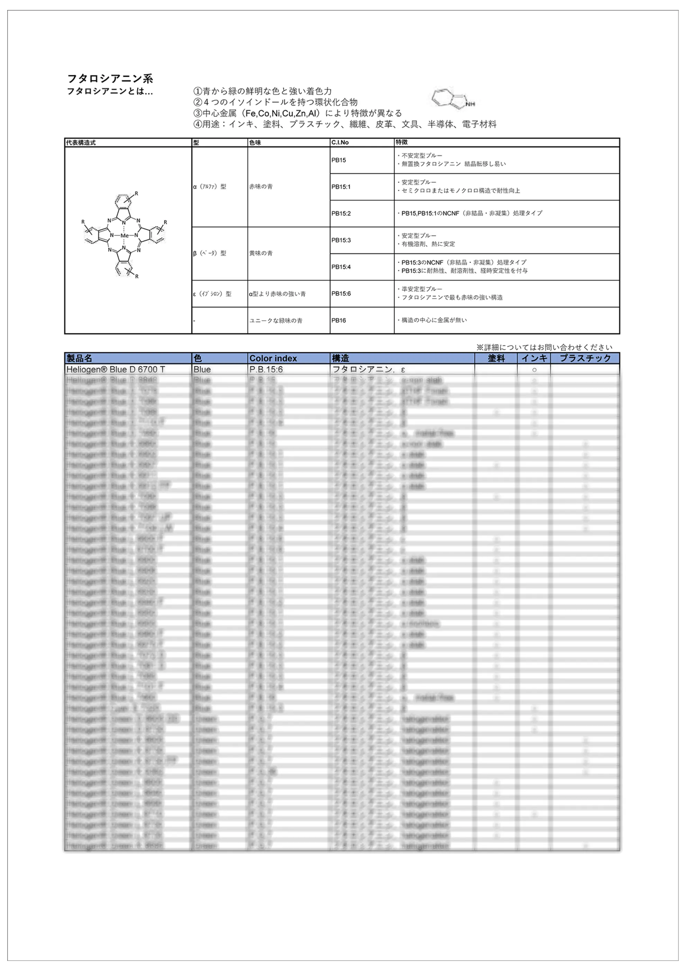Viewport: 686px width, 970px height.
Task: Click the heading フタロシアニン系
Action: pyautogui.click(x=110, y=79)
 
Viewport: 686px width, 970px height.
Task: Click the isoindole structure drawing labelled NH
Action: pyautogui.click(x=453, y=100)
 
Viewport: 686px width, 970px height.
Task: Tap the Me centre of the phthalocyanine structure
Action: pyautogui.click(x=124, y=236)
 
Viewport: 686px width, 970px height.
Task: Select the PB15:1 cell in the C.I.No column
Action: pyautogui.click(x=341, y=187)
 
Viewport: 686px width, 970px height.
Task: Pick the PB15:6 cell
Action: pyautogui.click(x=341, y=294)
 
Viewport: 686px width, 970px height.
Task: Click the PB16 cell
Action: pyautogui.click(x=339, y=320)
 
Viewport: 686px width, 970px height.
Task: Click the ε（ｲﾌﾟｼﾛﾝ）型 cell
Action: pyautogui.click(x=212, y=294)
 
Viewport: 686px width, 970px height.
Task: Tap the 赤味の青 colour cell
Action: pyautogui.click(x=261, y=186)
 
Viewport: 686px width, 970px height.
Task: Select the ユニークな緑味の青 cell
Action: pyautogui.click(x=276, y=320)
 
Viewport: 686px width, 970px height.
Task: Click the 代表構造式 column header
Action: pyautogui.click(x=81, y=142)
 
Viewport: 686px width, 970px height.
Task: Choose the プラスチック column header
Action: pyautogui.click(x=585, y=358)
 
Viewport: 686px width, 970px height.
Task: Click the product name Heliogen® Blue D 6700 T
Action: pyautogui.click(x=115, y=370)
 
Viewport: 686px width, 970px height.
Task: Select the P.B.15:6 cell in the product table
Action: pyautogui.click(x=266, y=370)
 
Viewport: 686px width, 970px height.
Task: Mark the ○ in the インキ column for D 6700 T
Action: pyautogui.click(x=534, y=370)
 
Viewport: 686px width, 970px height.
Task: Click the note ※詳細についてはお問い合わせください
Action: pyautogui.click(x=544, y=347)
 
